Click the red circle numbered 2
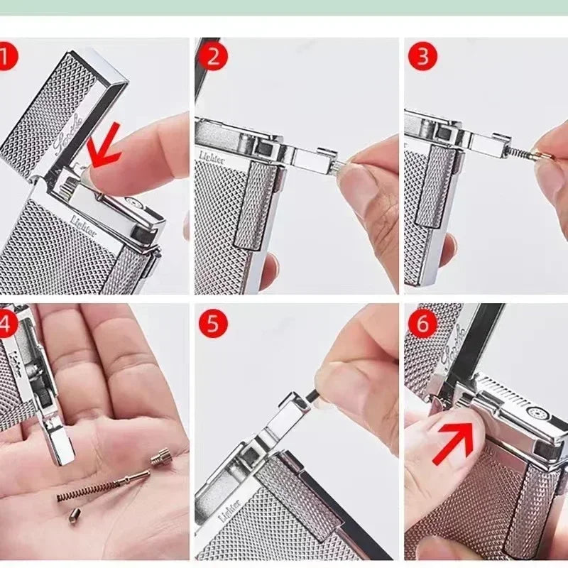click(212, 56)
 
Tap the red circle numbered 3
click(422, 56)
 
